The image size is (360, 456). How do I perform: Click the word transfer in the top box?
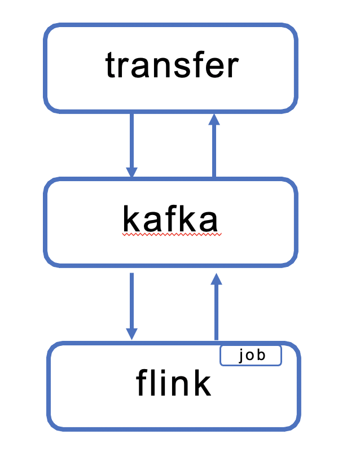[x=172, y=66]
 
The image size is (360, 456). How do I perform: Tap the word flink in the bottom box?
[x=173, y=384]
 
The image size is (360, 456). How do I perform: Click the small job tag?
[x=251, y=356]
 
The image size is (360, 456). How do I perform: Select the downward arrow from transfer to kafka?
[x=131, y=144]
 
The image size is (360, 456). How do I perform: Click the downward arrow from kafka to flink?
[x=131, y=305]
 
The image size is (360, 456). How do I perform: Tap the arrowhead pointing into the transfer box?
[x=214, y=120]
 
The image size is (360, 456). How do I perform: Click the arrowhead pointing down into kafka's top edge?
[x=131, y=172]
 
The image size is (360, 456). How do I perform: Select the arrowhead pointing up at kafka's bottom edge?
[x=215, y=279]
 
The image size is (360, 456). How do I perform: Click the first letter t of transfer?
[x=109, y=67]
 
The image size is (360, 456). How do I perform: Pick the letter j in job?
[x=242, y=356]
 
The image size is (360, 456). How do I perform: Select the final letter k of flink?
[x=201, y=384]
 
